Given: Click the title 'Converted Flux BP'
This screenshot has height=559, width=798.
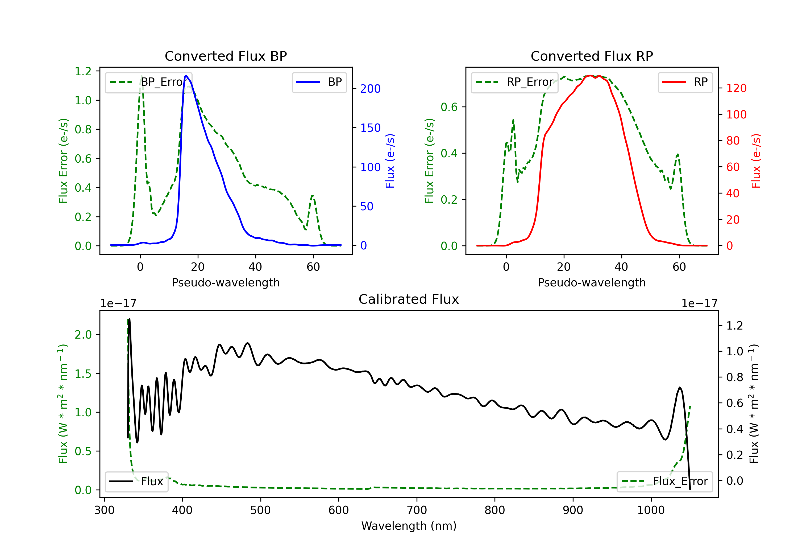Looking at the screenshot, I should coord(226,56).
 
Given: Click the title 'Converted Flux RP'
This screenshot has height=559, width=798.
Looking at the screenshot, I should coord(592,56).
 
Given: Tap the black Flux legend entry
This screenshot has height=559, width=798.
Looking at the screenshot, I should coord(136,482).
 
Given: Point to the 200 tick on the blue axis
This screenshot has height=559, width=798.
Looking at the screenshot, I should coord(370,89).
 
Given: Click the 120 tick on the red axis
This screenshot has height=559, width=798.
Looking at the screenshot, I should coord(736,88).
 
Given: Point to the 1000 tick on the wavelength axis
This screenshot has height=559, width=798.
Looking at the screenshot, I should coord(651,510).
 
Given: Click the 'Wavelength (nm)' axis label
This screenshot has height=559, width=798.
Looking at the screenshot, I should coord(409,526).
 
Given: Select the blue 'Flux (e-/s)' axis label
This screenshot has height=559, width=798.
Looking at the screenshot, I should coord(390,161).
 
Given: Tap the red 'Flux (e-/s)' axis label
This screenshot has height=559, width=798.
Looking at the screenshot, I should coord(756,161).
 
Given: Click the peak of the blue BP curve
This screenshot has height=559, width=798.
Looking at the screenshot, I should coord(186,76).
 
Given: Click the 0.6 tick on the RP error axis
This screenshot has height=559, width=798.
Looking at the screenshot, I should coord(449,107).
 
